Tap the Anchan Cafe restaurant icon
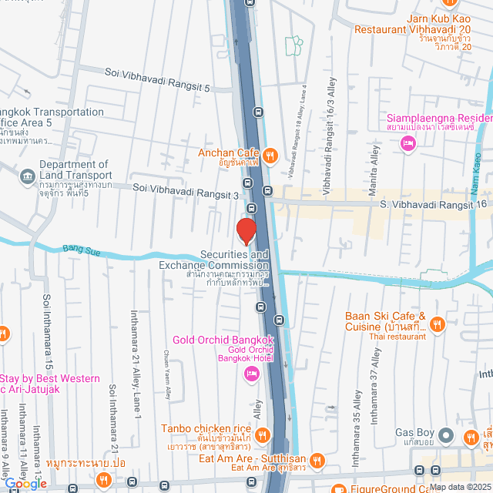click(x=270, y=155)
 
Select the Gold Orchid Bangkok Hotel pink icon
click(x=250, y=374)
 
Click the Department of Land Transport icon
click(x=28, y=175)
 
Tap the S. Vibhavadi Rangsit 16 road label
click(x=434, y=203)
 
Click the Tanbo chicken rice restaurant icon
click(x=262, y=434)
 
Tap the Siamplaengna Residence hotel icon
click(x=408, y=143)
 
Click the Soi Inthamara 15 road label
click(x=48, y=320)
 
